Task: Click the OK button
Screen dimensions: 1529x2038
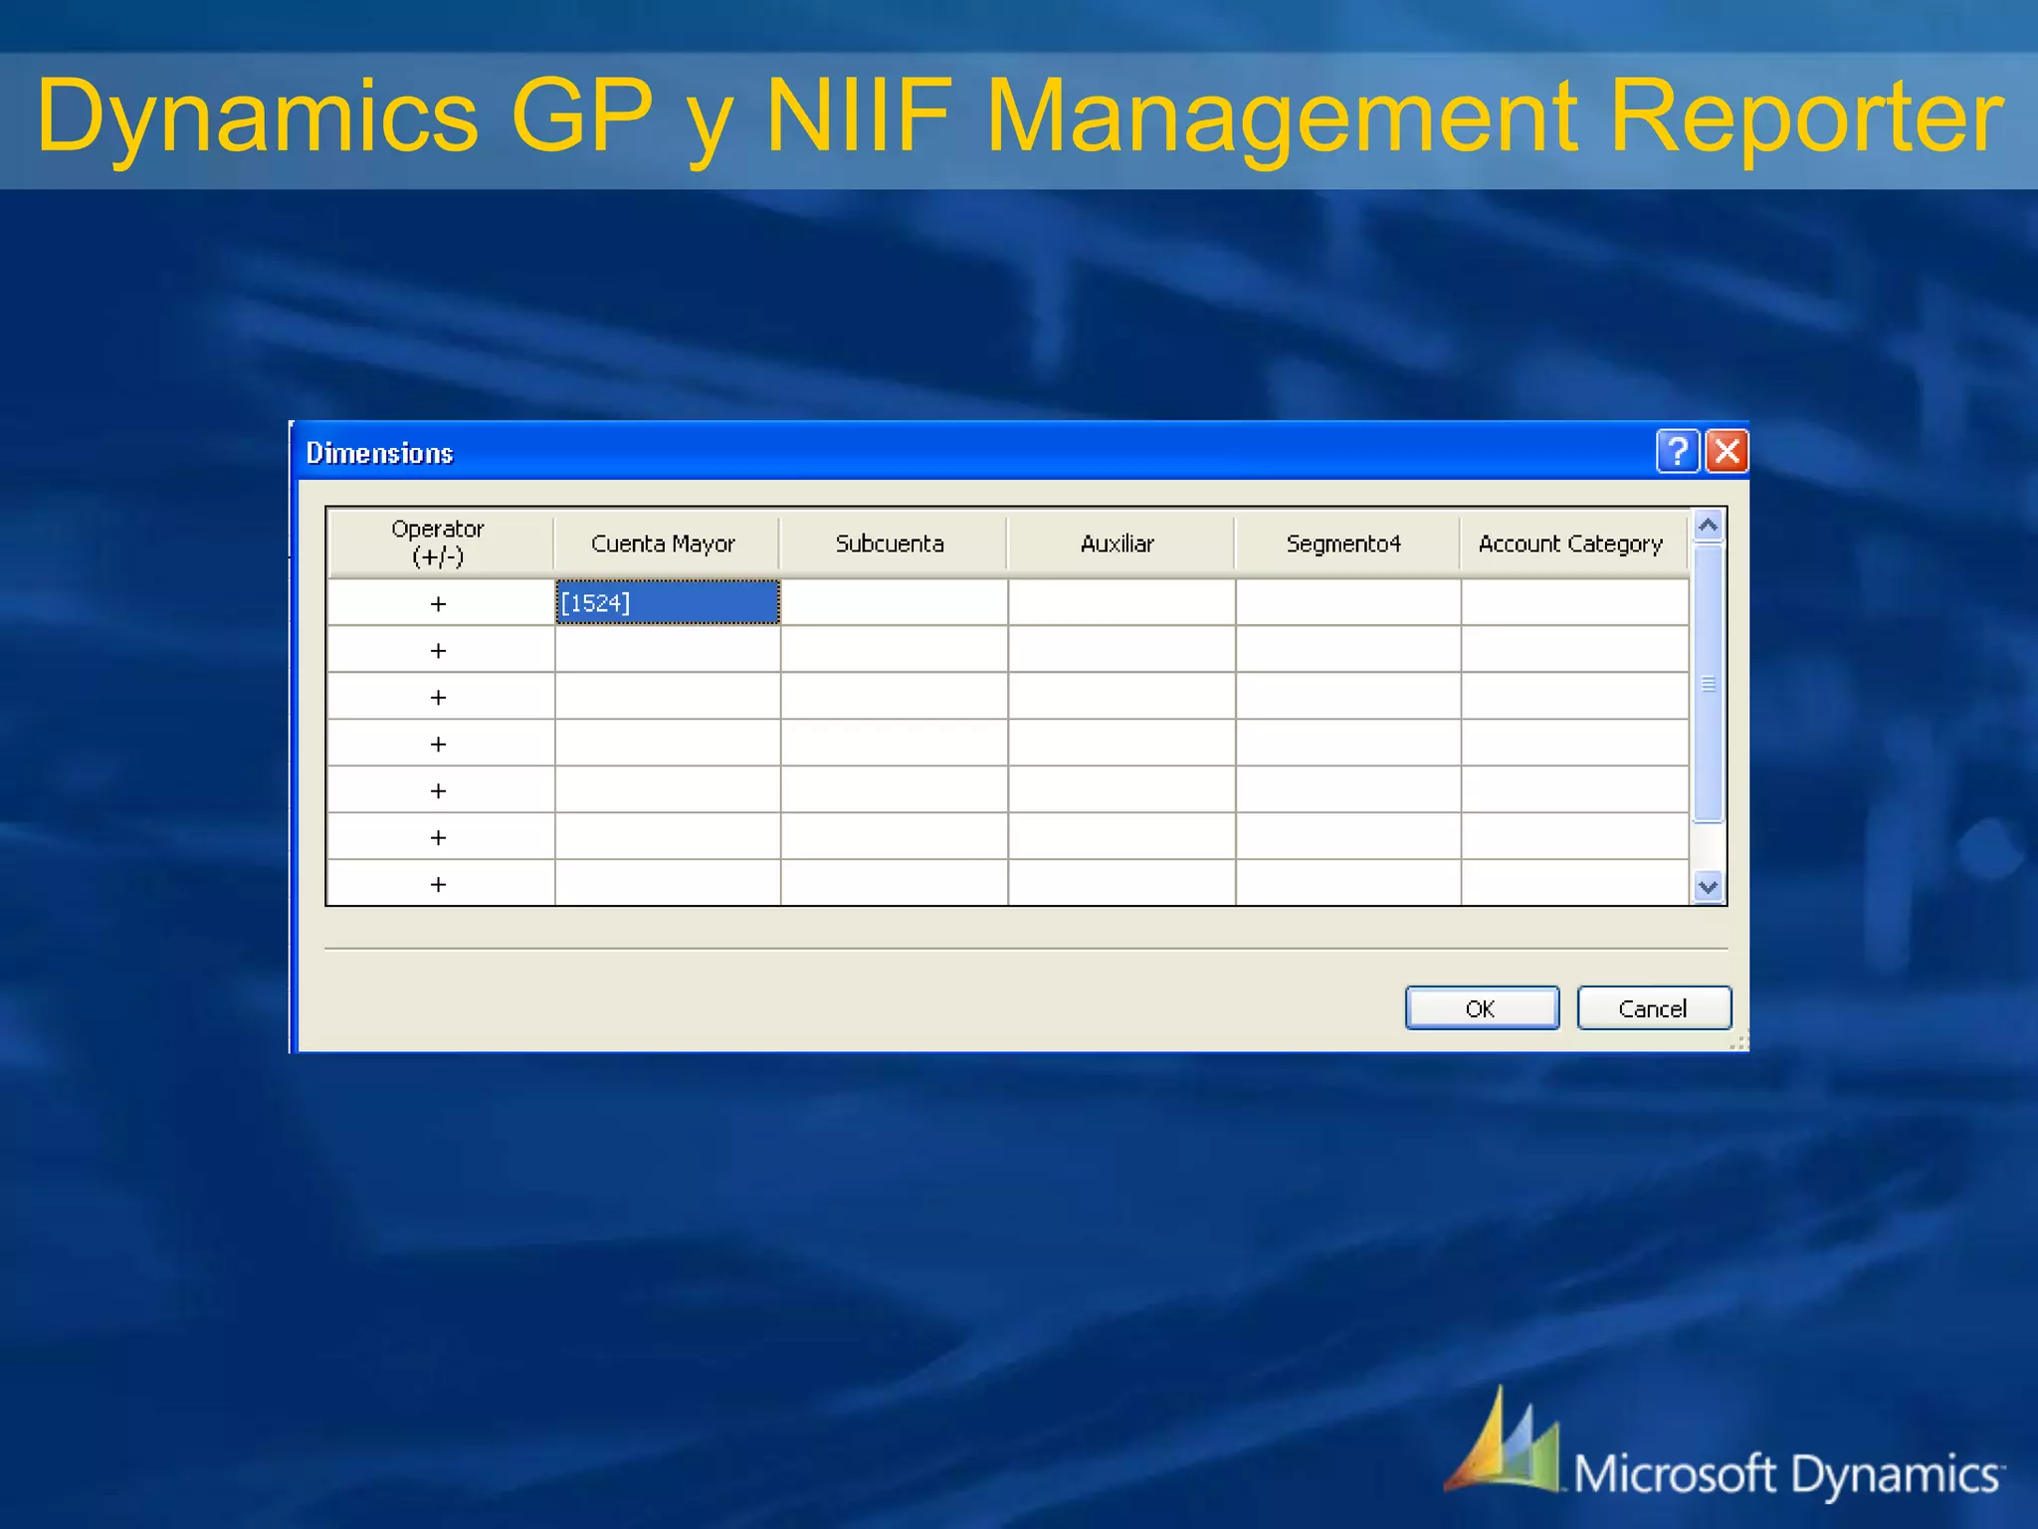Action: pyautogui.click(x=1481, y=1008)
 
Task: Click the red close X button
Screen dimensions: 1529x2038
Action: pyautogui.click(x=1727, y=451)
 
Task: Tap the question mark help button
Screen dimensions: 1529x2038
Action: pyautogui.click(x=1677, y=451)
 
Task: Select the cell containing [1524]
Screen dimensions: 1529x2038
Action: pyautogui.click(x=667, y=603)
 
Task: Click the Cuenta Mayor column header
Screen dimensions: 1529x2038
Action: pyautogui.click(x=663, y=544)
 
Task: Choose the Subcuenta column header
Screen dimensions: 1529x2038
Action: pyautogui.click(x=890, y=544)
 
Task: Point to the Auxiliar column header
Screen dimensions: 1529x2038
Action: pyautogui.click(x=1118, y=544)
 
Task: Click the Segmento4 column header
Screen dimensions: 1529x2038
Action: pyautogui.click(x=1343, y=544)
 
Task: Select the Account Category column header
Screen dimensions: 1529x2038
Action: pyautogui.click(x=1570, y=544)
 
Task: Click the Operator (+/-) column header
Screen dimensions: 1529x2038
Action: pyautogui.click(x=438, y=543)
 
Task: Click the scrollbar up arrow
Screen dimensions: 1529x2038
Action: pyautogui.click(x=1708, y=525)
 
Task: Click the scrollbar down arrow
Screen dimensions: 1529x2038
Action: pyautogui.click(x=1708, y=886)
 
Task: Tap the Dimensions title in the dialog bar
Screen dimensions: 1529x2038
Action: pyautogui.click(x=379, y=453)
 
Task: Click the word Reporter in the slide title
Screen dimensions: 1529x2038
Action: pyautogui.click(x=1805, y=117)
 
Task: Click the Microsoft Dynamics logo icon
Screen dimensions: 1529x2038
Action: pyautogui.click(x=1504, y=1443)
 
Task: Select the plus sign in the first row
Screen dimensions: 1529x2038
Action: pyautogui.click(x=438, y=604)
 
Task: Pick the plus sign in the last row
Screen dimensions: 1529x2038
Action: pyautogui.click(x=438, y=884)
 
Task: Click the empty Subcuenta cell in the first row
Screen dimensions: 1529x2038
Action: pyautogui.click(x=894, y=603)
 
